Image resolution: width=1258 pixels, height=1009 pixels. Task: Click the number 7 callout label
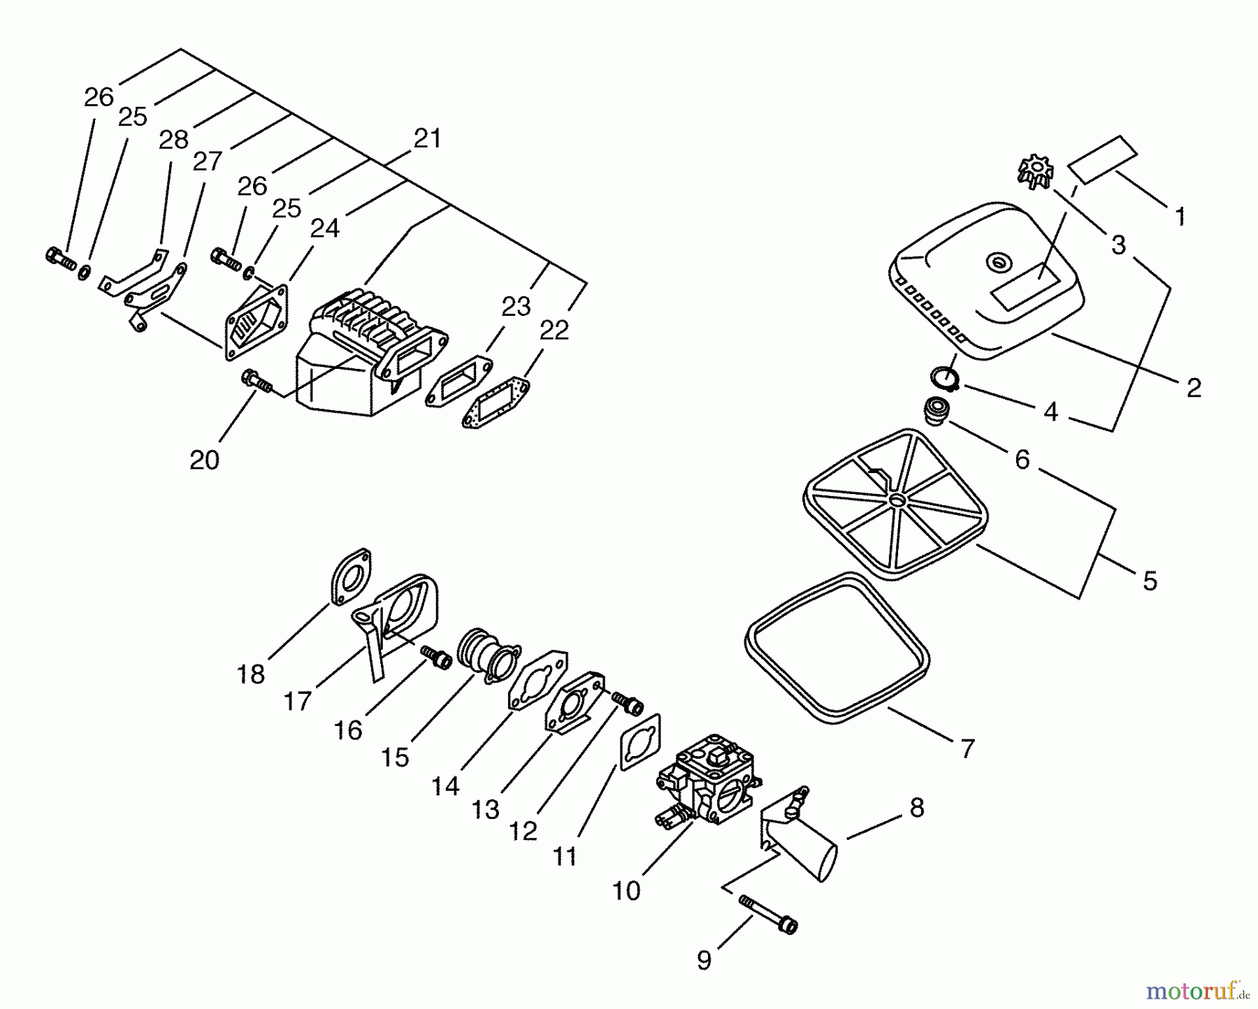point(967,749)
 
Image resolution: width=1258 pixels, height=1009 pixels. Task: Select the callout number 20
point(204,460)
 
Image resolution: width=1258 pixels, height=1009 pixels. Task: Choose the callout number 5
point(1150,581)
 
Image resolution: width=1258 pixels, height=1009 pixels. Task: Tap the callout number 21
point(427,138)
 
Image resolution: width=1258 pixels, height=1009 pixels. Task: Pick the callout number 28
point(173,140)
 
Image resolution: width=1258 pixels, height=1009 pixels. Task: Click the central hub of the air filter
point(896,500)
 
